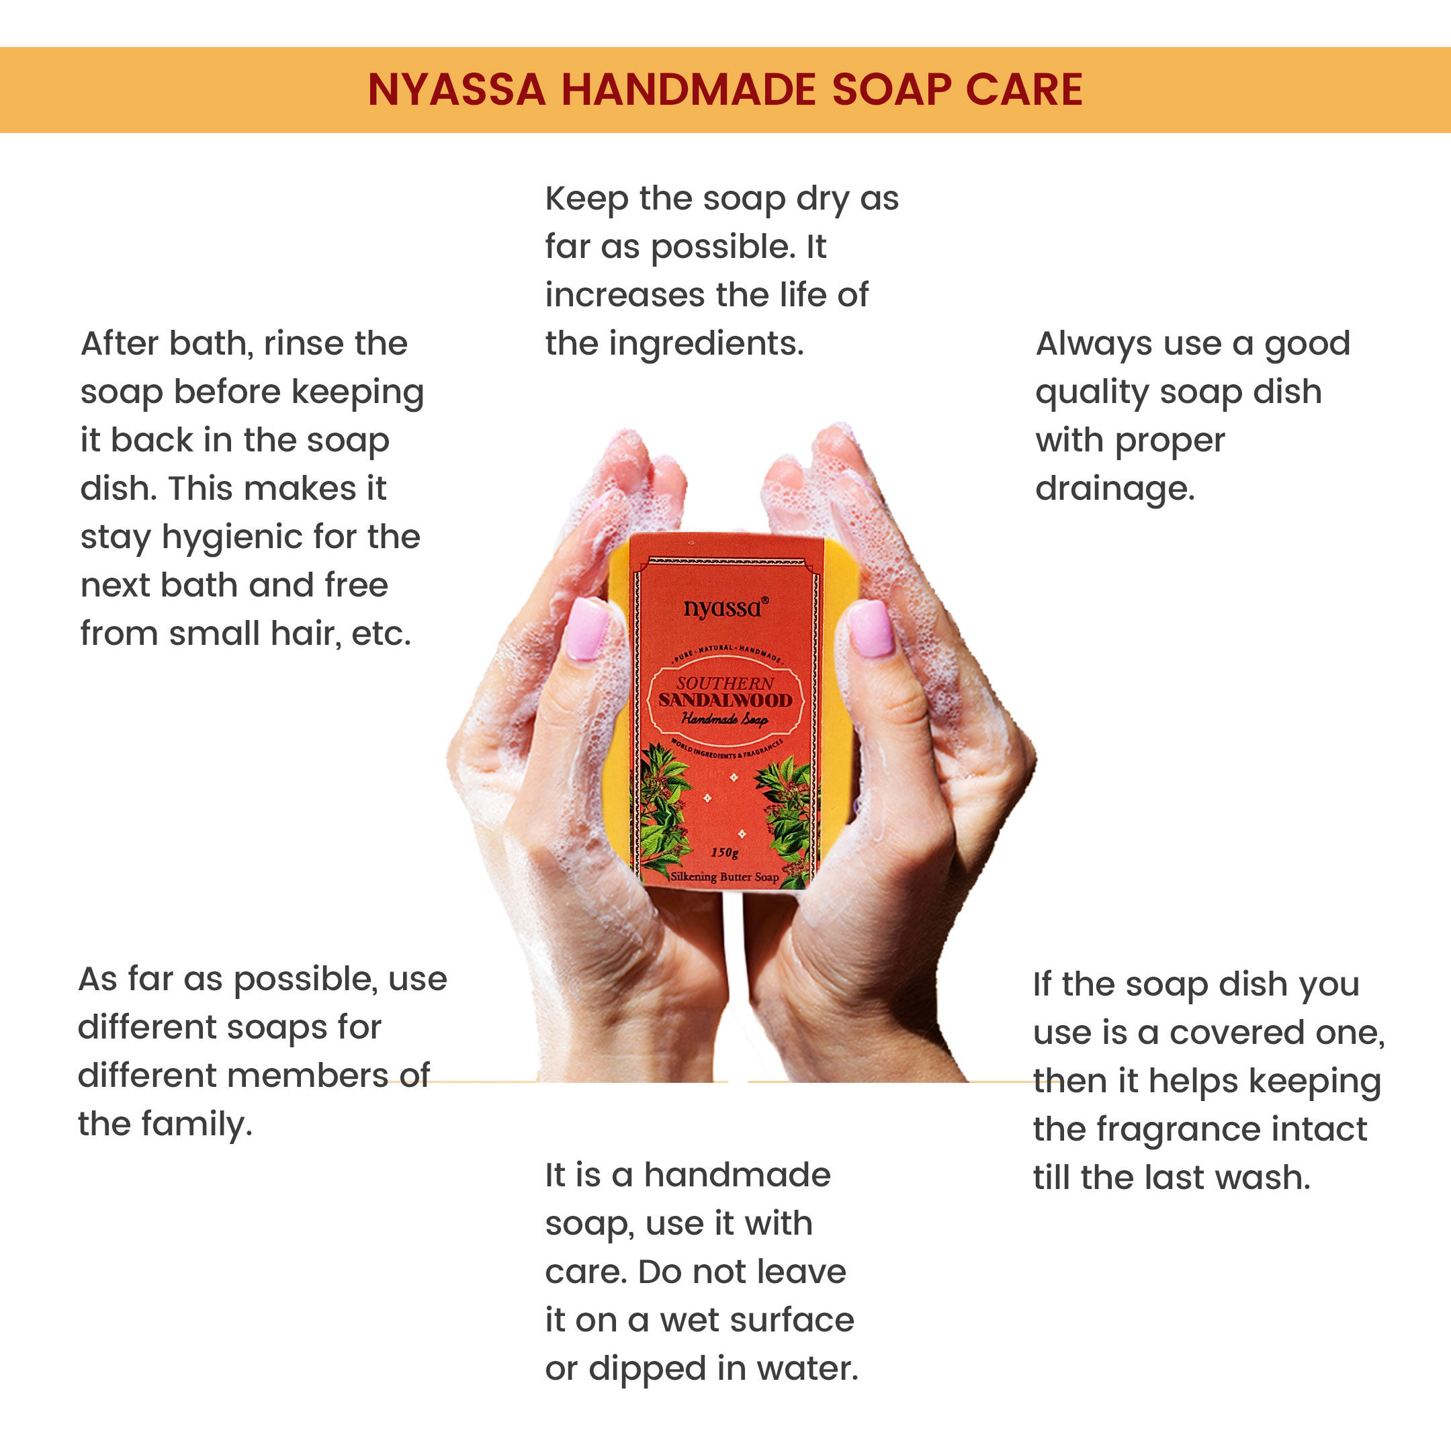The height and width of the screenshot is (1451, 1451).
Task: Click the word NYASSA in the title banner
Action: [457, 90]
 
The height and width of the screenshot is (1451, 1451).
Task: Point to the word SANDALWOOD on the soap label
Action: [725, 700]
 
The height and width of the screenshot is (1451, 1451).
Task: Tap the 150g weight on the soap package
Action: [725, 852]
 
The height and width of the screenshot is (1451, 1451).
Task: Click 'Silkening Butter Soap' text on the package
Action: [725, 877]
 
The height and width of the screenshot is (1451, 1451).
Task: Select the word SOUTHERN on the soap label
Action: [725, 683]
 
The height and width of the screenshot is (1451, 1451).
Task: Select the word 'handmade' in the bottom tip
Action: [738, 1176]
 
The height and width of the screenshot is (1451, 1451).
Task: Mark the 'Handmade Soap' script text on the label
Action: [725, 719]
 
